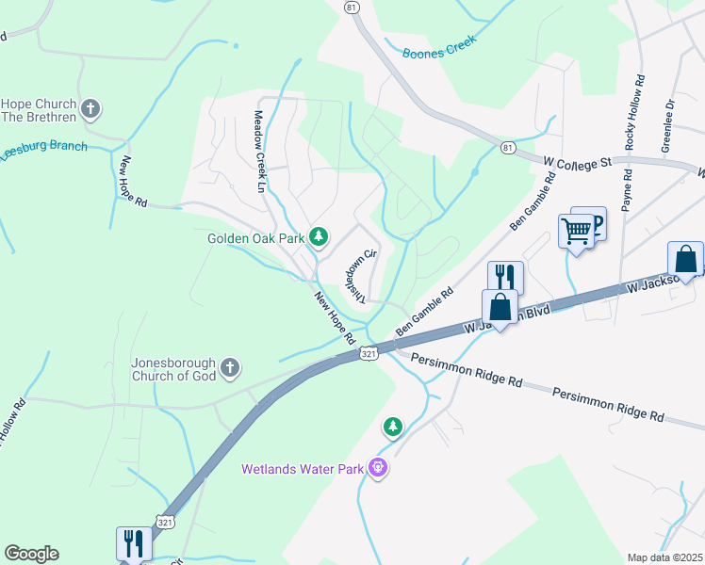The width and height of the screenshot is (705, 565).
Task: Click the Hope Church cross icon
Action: [90, 110]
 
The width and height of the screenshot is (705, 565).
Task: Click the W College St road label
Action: [578, 163]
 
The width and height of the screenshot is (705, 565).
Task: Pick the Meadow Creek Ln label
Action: [259, 152]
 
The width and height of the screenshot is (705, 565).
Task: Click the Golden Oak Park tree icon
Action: [319, 237]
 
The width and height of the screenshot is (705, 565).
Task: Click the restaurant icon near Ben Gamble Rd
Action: [504, 277]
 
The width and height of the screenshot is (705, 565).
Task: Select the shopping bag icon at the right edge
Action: [685, 259]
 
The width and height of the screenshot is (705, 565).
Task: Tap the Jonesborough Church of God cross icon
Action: [230, 367]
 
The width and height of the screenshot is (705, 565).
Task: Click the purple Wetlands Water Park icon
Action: [378, 467]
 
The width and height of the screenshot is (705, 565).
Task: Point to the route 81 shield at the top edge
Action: [352, 7]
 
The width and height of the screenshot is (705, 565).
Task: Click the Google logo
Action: [31, 554]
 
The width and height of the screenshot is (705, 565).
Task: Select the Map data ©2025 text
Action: [664, 557]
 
